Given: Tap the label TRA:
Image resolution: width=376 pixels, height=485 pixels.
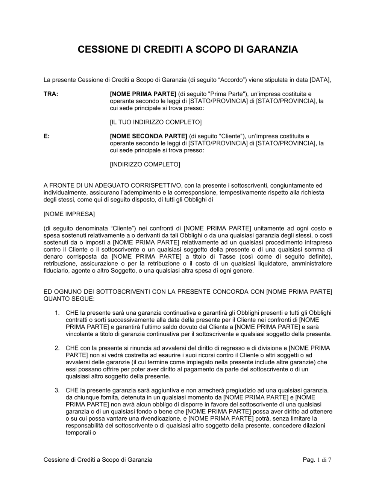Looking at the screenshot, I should point(51,94).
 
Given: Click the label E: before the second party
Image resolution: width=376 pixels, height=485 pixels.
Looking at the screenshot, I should point(47,136).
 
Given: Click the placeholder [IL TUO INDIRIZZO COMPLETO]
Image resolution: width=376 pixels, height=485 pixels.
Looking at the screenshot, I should point(156,122).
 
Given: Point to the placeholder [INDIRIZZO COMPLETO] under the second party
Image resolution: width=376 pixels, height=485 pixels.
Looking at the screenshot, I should point(145,164).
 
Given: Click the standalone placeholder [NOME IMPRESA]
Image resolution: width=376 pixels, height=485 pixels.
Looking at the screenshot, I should point(69,214).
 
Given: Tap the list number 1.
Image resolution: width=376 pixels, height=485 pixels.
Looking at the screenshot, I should point(57,312).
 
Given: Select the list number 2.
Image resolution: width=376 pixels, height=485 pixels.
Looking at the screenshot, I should point(57,348).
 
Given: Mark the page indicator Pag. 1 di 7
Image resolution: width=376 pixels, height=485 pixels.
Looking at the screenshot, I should point(317,459).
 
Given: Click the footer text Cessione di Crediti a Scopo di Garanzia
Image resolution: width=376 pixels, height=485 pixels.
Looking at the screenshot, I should point(98,459).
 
